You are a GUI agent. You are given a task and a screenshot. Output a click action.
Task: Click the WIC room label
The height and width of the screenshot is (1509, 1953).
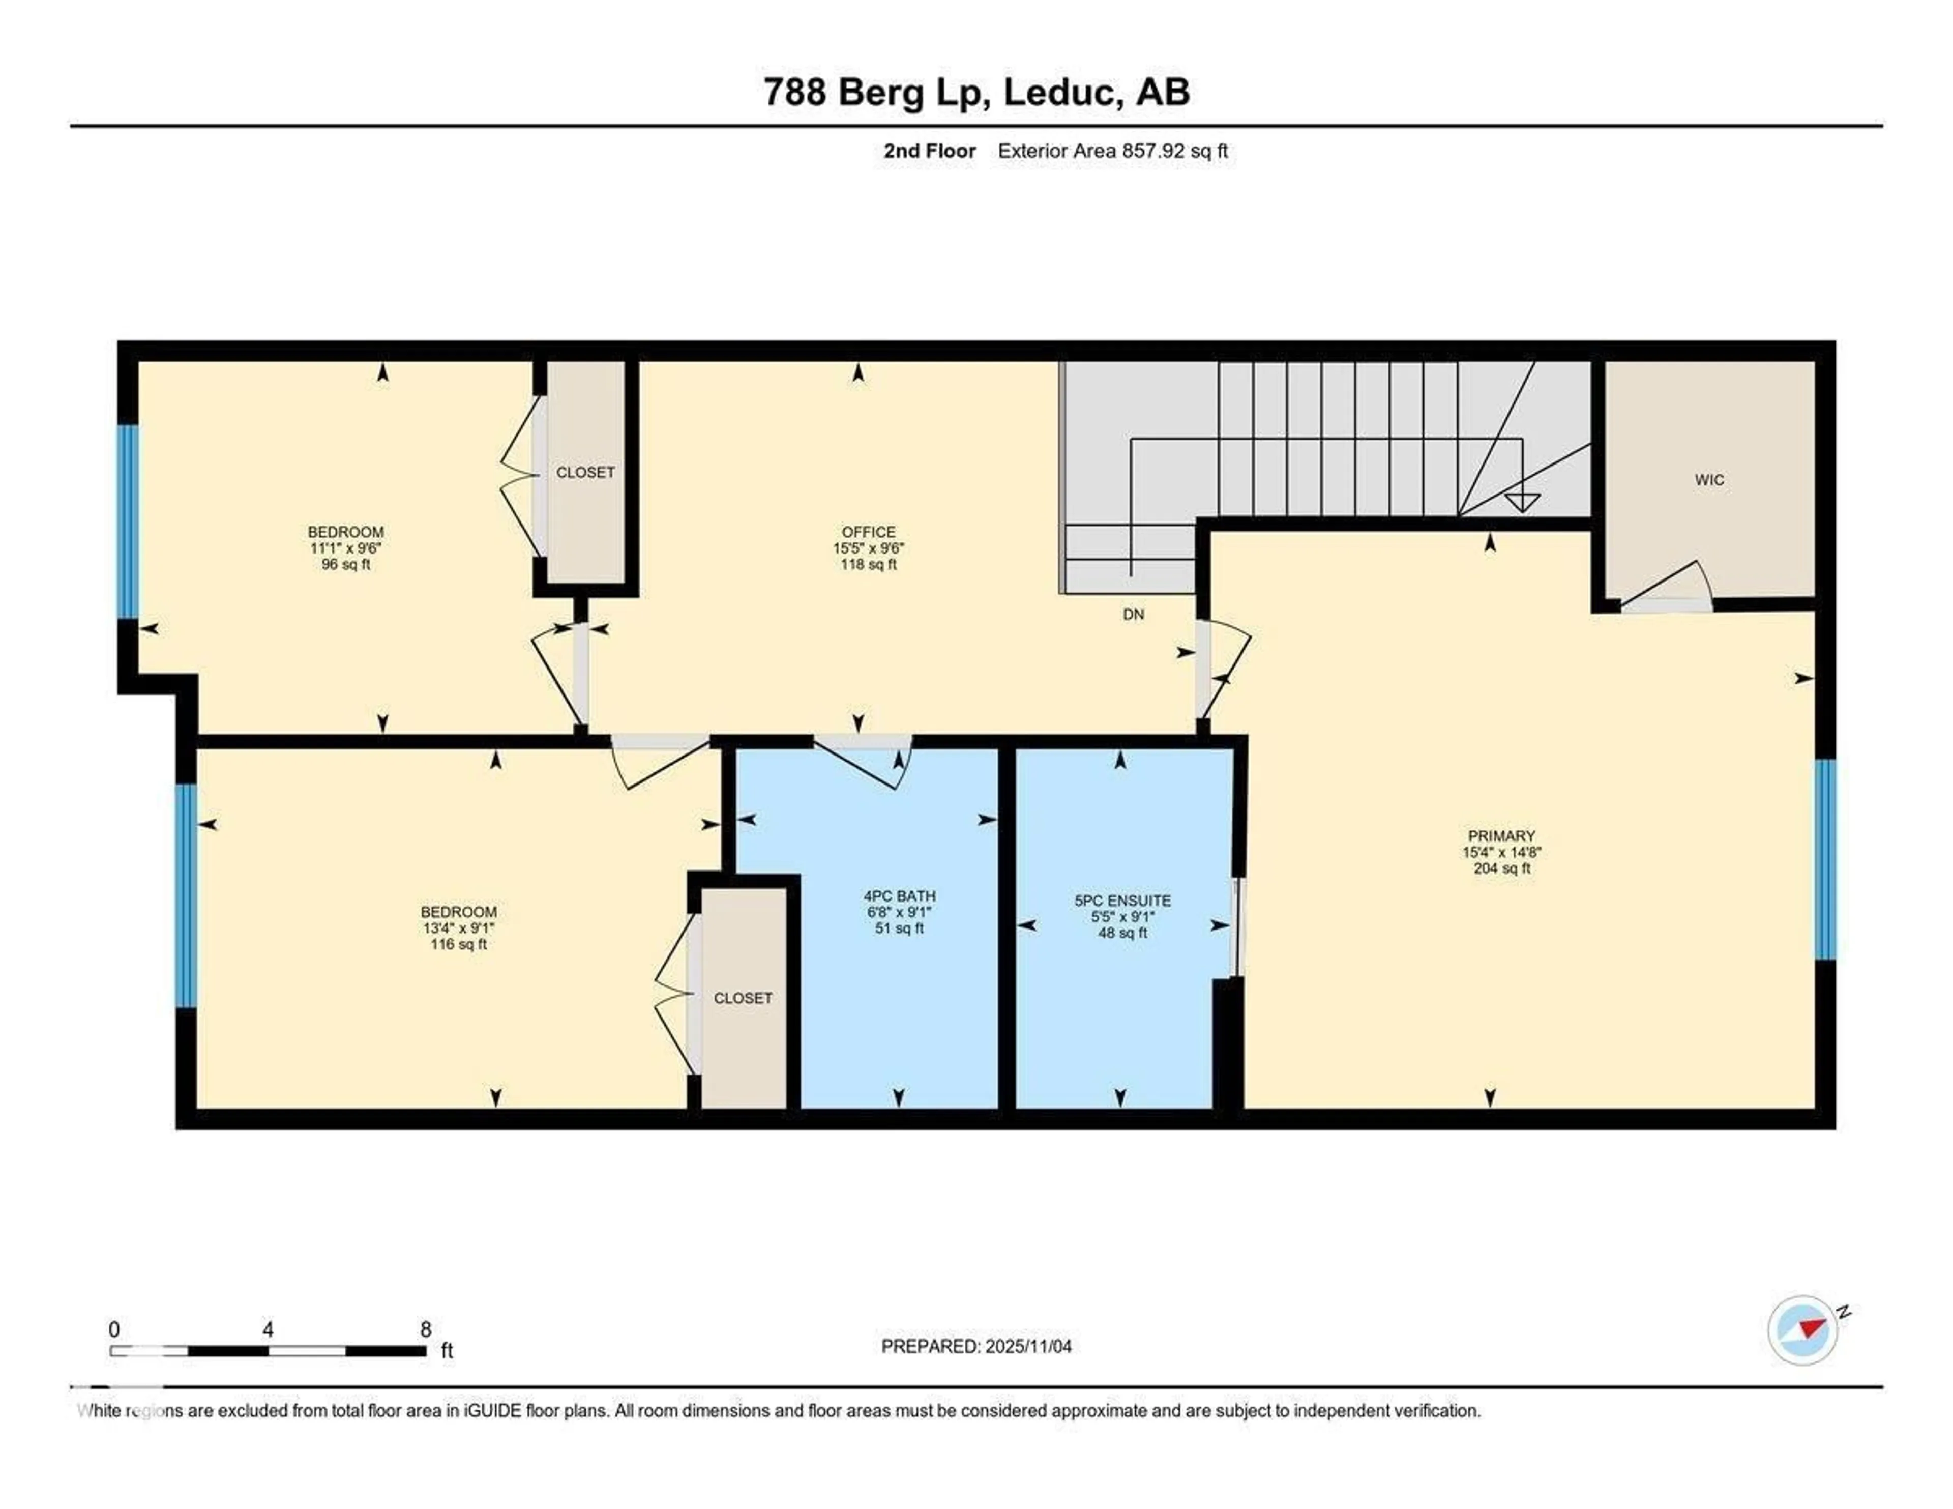coord(1709,480)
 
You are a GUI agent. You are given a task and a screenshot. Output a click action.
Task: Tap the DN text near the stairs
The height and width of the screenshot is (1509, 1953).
coord(1133,615)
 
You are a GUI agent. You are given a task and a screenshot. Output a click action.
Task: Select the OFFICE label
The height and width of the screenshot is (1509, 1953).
coord(867,532)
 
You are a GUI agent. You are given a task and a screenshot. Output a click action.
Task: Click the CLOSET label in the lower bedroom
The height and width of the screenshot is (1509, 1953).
coord(742,998)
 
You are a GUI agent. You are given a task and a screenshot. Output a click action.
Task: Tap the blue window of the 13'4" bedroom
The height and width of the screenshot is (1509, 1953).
coord(185,895)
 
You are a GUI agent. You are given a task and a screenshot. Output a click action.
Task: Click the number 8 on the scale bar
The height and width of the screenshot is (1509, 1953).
coord(426,1329)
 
